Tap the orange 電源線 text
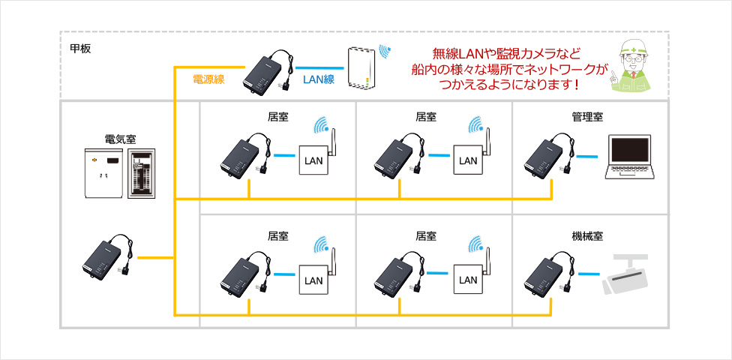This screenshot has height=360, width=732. click(x=208, y=79)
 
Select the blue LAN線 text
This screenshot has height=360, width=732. click(x=318, y=79)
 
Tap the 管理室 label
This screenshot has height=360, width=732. click(x=587, y=117)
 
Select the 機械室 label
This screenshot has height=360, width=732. click(x=587, y=236)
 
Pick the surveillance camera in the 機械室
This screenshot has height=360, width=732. click(x=628, y=275)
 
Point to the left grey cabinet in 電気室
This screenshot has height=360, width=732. click(x=103, y=172)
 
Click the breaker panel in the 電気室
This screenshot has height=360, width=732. click(x=143, y=172)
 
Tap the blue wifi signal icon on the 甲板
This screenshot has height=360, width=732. click(x=384, y=52)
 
